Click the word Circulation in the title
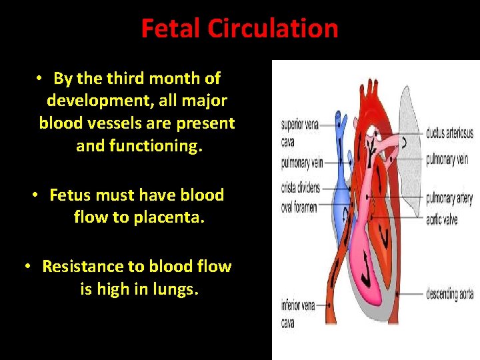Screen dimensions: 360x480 click(273, 29)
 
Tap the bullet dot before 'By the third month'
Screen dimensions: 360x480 click(41, 79)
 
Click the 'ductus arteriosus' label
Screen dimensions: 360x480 click(449, 133)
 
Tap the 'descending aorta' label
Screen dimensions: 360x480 click(450, 294)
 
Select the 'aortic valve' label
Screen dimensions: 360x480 click(442, 219)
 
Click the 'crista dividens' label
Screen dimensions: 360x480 click(300, 187)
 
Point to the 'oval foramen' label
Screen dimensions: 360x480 click(299, 207)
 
